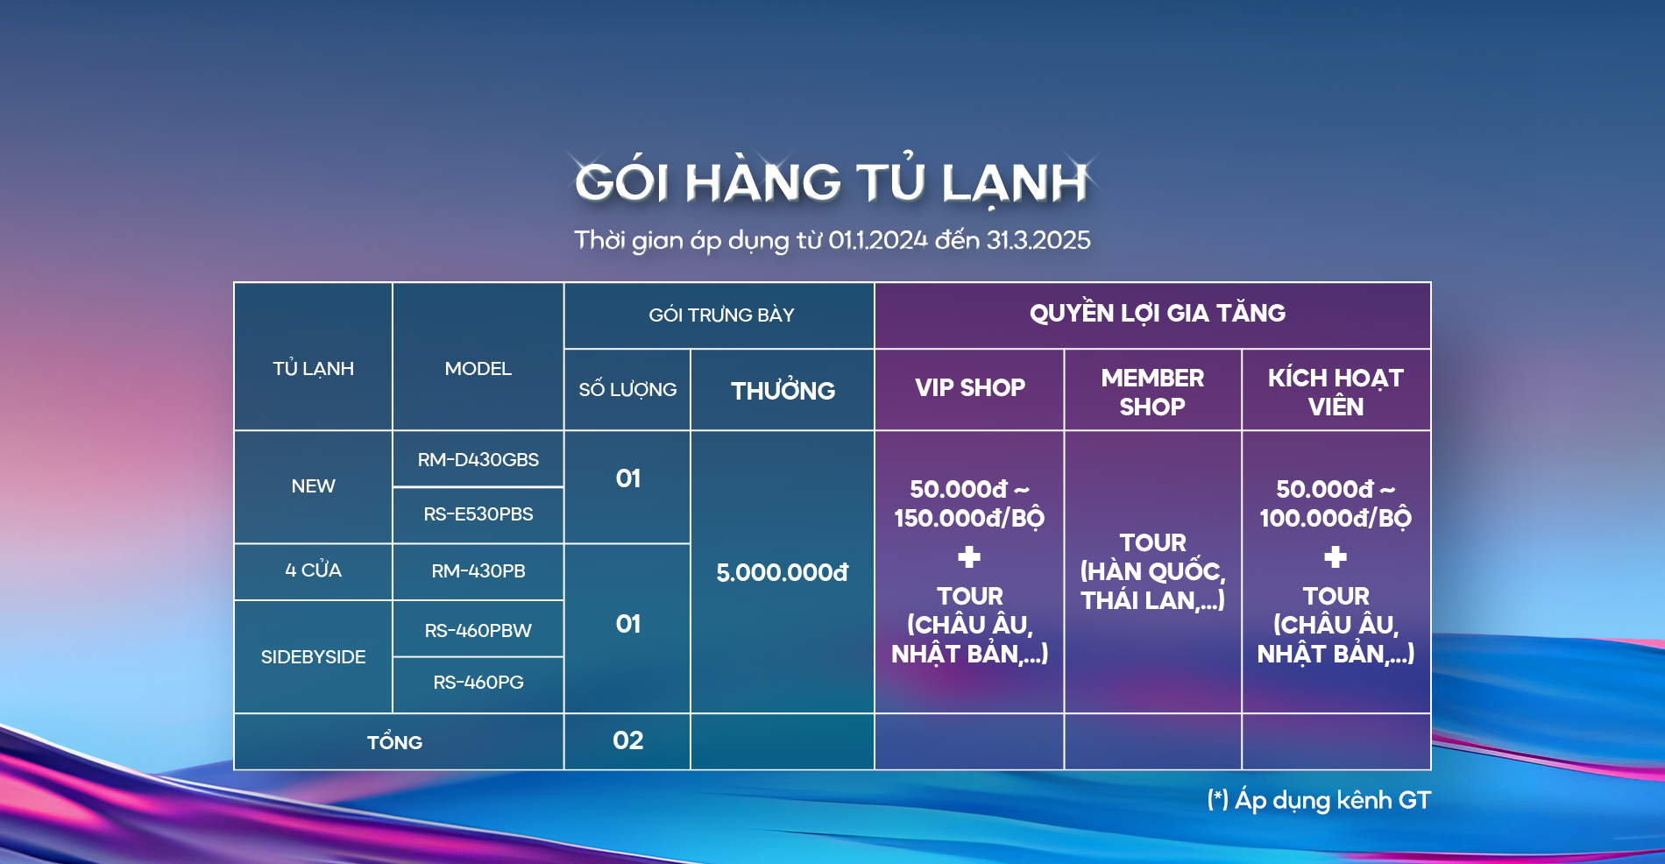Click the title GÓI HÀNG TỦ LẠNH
[831, 182]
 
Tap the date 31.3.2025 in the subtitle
[1038, 240]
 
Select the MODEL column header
[478, 369]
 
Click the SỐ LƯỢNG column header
[627, 388]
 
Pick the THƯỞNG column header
[783, 389]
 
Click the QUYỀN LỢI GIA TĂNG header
[1158, 313]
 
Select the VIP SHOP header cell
[970, 387]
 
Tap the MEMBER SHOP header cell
[1152, 392]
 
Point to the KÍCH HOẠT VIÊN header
[1336, 392]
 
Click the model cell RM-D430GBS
[478, 459]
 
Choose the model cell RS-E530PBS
[478, 514]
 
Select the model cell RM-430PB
[478, 571]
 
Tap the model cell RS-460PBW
[478, 630]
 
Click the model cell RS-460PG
[478, 683]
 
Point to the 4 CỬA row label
[313, 570]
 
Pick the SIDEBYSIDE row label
[313, 657]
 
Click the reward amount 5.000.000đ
[783, 573]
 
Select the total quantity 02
[627, 740]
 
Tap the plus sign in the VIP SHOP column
[969, 556]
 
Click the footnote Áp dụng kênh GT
[1332, 800]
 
